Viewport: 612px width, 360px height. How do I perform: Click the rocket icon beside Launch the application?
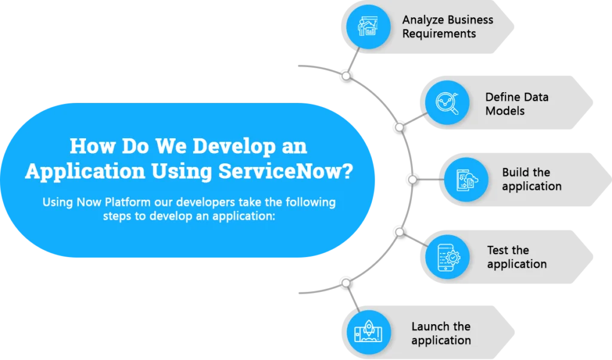coord(368,332)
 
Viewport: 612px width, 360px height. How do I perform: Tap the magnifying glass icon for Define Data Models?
coord(447,103)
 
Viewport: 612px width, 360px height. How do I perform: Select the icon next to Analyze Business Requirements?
coord(368,26)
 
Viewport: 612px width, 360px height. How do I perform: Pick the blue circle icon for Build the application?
coord(466,179)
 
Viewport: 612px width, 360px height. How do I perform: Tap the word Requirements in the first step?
coord(439,34)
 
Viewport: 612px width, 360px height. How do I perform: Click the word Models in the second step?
coord(504,111)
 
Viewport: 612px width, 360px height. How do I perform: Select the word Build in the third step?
coord(515,172)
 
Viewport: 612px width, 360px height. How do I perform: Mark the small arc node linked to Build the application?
coord(412,179)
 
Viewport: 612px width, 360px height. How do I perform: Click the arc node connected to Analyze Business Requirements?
coord(346,76)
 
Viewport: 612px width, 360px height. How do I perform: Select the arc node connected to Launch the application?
coord(346,283)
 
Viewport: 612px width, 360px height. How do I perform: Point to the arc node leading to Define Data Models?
coord(399,127)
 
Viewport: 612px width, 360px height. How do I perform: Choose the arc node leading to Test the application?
coord(399,232)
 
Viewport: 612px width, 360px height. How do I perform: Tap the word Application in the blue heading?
coord(85,172)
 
